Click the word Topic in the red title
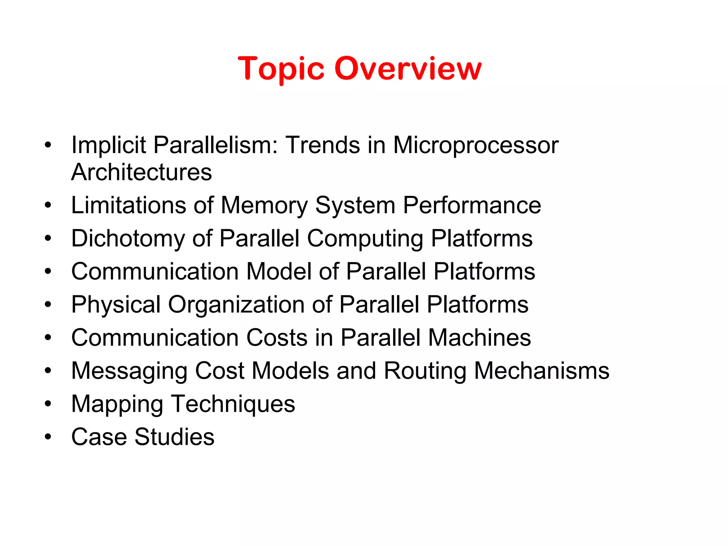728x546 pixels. [281, 69]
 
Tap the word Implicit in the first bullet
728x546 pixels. [108, 145]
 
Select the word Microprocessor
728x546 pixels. [476, 145]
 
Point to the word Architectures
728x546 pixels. [141, 172]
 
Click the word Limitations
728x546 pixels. [128, 205]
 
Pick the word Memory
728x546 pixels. [264, 206]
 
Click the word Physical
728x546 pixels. [116, 305]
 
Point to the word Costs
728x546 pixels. [277, 337]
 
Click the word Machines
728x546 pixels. [480, 337]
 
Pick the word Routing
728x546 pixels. [425, 371]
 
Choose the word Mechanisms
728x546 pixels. [542, 371]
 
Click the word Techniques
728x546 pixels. [233, 404]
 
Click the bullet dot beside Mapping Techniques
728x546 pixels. [48, 404]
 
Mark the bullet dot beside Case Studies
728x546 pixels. [48, 437]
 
